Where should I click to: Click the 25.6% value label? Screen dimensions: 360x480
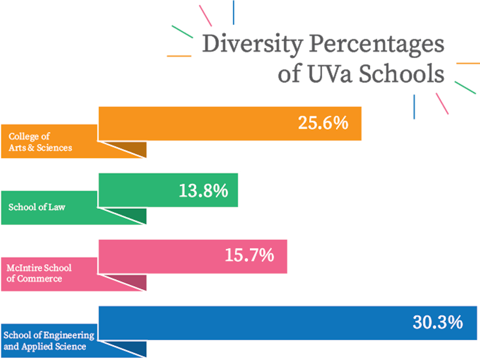pyautogui.click(x=323, y=123)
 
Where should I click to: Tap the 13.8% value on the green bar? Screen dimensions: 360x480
pyautogui.click(x=203, y=191)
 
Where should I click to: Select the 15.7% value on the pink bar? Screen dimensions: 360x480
pyautogui.click(x=249, y=255)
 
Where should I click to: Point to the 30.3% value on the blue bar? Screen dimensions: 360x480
pyautogui.click(x=437, y=322)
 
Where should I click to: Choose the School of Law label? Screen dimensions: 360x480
pyautogui.click(x=37, y=207)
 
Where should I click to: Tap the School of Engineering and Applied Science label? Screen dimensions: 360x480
pyautogui.click(x=48, y=340)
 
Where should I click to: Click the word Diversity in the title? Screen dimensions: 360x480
pyautogui.click(x=252, y=45)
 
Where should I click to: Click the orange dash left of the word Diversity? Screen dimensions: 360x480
pyautogui.click(x=179, y=56)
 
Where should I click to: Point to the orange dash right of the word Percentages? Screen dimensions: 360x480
pyautogui.click(x=467, y=63)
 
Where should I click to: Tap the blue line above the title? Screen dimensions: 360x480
pyautogui.click(x=234, y=12)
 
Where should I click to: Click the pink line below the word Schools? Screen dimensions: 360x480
pyautogui.click(x=442, y=103)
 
